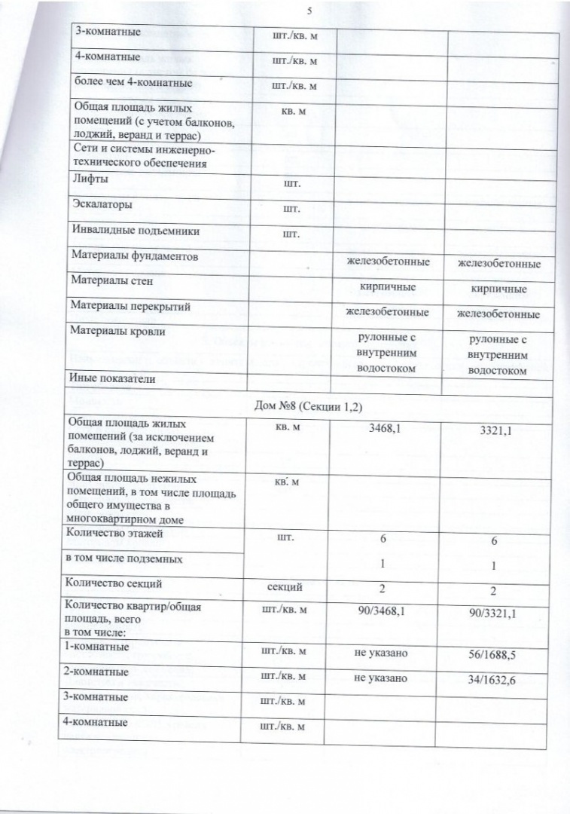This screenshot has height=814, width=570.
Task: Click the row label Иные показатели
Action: (112, 379)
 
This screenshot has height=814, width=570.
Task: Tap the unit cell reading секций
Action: (285, 586)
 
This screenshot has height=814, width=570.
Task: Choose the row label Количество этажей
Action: (116, 534)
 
